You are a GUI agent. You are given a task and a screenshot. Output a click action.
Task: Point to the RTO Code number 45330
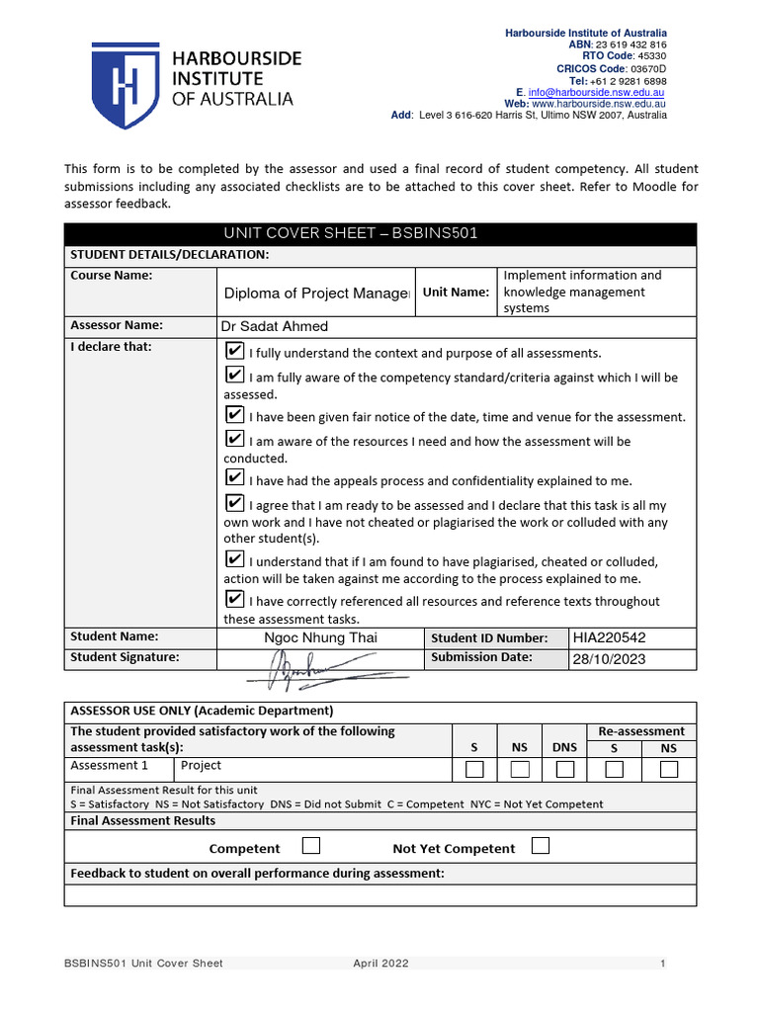tap(652, 56)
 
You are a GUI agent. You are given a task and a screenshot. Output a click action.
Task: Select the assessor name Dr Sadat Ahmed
tap(275, 326)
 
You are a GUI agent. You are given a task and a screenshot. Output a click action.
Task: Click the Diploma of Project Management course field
tap(316, 293)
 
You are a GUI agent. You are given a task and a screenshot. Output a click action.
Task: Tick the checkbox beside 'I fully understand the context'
tap(234, 352)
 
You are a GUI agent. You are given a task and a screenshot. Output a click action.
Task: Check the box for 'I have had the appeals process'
tap(234, 479)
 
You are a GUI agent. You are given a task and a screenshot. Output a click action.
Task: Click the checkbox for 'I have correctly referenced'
tap(234, 600)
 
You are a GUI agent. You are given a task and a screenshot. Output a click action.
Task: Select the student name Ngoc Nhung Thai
tap(320, 637)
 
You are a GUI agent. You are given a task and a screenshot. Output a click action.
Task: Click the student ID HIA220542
tap(609, 638)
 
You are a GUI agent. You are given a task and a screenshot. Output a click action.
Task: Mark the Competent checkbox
tap(311, 846)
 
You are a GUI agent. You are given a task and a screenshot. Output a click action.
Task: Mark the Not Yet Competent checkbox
tap(541, 846)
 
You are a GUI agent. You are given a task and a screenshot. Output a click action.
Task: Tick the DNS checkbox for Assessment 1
tap(564, 769)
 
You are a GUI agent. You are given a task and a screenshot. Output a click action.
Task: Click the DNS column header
tap(564, 748)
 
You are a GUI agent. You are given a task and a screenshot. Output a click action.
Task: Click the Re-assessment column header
tap(641, 731)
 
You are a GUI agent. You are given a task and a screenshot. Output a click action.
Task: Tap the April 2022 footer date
tap(380, 964)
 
